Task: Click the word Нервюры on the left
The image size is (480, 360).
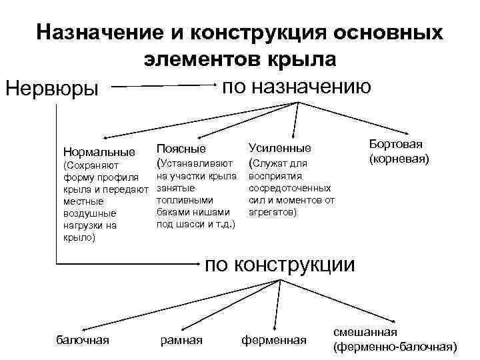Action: [x=51, y=89]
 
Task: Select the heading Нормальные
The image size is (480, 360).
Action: [x=99, y=151]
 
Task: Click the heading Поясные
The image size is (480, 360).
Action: [x=181, y=148]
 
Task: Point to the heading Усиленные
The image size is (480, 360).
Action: [x=279, y=148]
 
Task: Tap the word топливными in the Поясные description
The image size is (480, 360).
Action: [x=184, y=199]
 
